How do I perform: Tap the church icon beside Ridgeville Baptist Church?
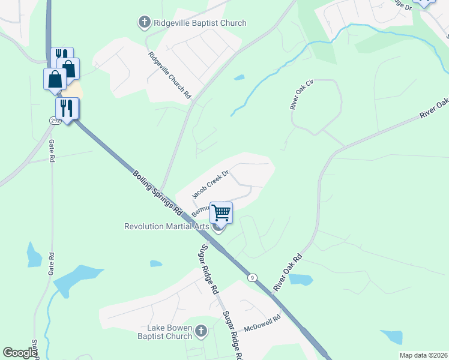coord(144,23)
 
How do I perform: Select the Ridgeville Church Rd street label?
coord(170,75)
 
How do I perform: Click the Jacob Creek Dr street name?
coord(211,184)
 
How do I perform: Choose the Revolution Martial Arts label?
coord(166,226)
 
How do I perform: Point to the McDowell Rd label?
coord(262,325)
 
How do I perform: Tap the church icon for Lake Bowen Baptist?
coord(201,331)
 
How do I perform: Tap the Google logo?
coord(20,353)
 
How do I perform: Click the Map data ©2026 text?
coord(423,355)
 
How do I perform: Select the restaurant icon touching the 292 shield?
coord(67,108)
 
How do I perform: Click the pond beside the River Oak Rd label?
coord(301,280)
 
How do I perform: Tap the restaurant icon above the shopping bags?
coord(62,55)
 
